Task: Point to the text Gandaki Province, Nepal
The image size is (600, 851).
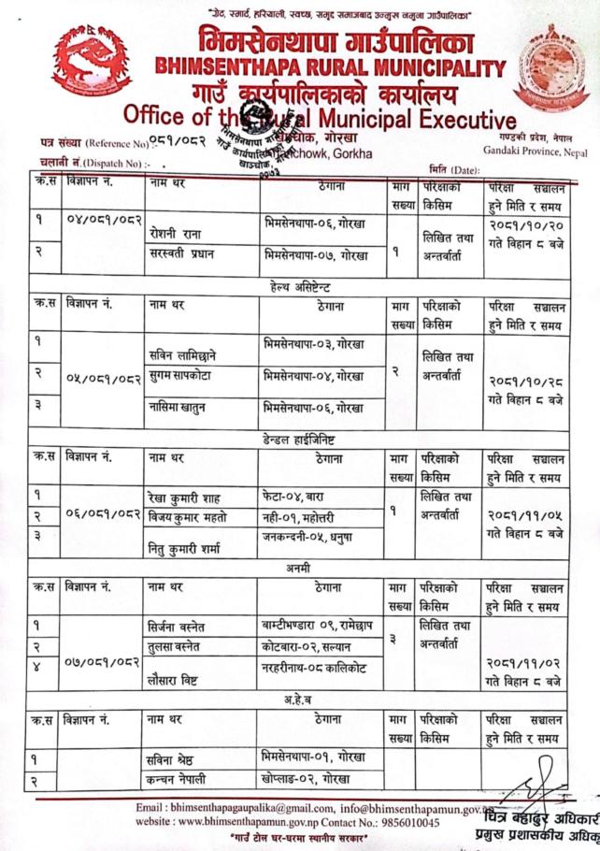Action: pos(535,150)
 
